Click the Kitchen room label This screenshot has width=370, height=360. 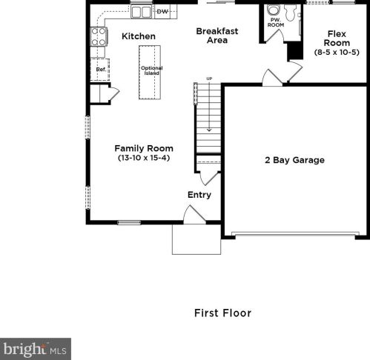click(138, 36)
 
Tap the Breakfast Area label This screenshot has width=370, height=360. click(217, 36)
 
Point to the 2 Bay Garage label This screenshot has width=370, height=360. click(294, 160)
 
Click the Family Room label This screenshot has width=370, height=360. click(144, 148)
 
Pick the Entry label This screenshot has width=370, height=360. click(199, 195)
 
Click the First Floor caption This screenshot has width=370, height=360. click(222, 313)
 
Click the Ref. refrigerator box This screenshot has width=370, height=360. click(101, 70)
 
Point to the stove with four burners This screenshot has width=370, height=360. click(99, 37)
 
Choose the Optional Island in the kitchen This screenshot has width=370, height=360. click(151, 71)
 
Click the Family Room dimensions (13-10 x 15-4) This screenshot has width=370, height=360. click(144, 158)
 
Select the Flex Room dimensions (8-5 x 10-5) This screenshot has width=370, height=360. click(337, 53)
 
